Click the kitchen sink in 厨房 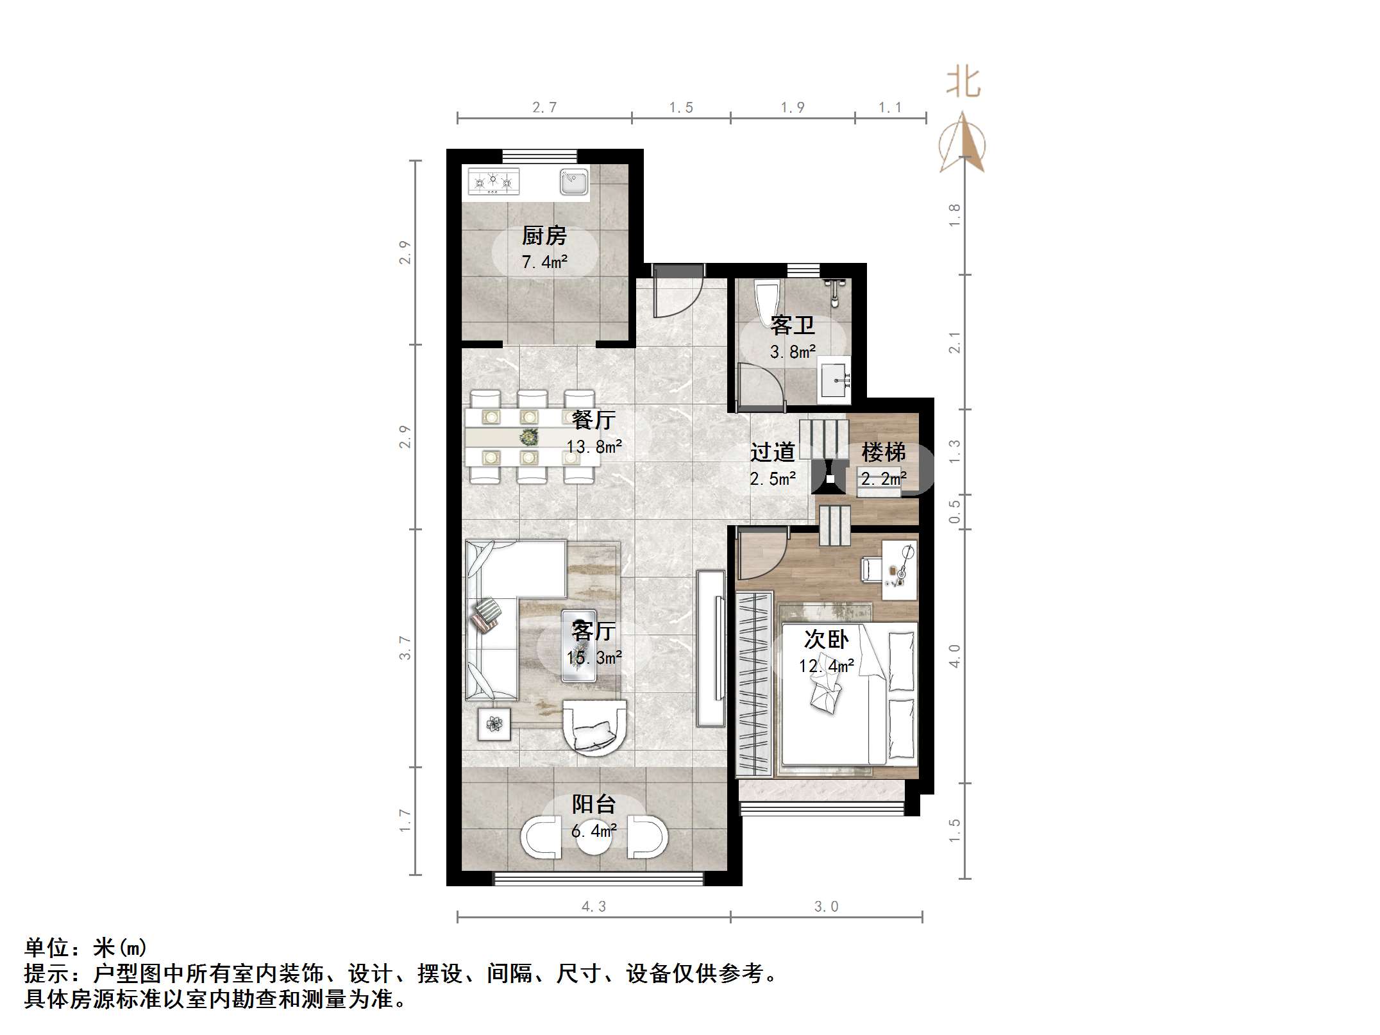point(573,181)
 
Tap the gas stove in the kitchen point(492,182)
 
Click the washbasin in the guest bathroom point(835,381)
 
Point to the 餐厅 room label point(593,420)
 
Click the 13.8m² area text point(594,446)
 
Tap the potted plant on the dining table point(528,437)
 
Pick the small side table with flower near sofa point(494,724)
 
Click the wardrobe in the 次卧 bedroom point(754,684)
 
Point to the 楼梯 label point(883,452)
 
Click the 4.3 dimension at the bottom point(593,906)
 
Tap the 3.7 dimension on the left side point(405,648)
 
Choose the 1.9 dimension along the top point(792,108)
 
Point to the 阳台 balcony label point(594,804)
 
